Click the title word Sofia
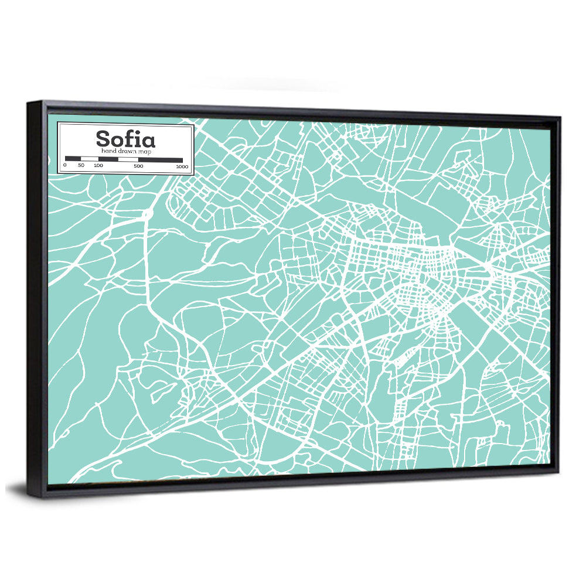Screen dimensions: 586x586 125,139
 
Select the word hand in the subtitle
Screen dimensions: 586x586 108,151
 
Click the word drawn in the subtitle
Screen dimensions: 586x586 128,151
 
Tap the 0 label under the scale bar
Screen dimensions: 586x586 65,166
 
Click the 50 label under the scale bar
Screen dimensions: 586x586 81,166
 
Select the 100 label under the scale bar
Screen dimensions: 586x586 98,166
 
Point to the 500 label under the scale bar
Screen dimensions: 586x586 138,166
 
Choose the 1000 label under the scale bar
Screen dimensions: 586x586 182,166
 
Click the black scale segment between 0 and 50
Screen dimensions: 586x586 73,159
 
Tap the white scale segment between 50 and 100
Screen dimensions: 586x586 89,159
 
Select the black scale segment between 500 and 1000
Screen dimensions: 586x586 161,159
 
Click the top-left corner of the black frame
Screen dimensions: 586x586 28,103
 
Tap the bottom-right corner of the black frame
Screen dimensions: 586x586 557,472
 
